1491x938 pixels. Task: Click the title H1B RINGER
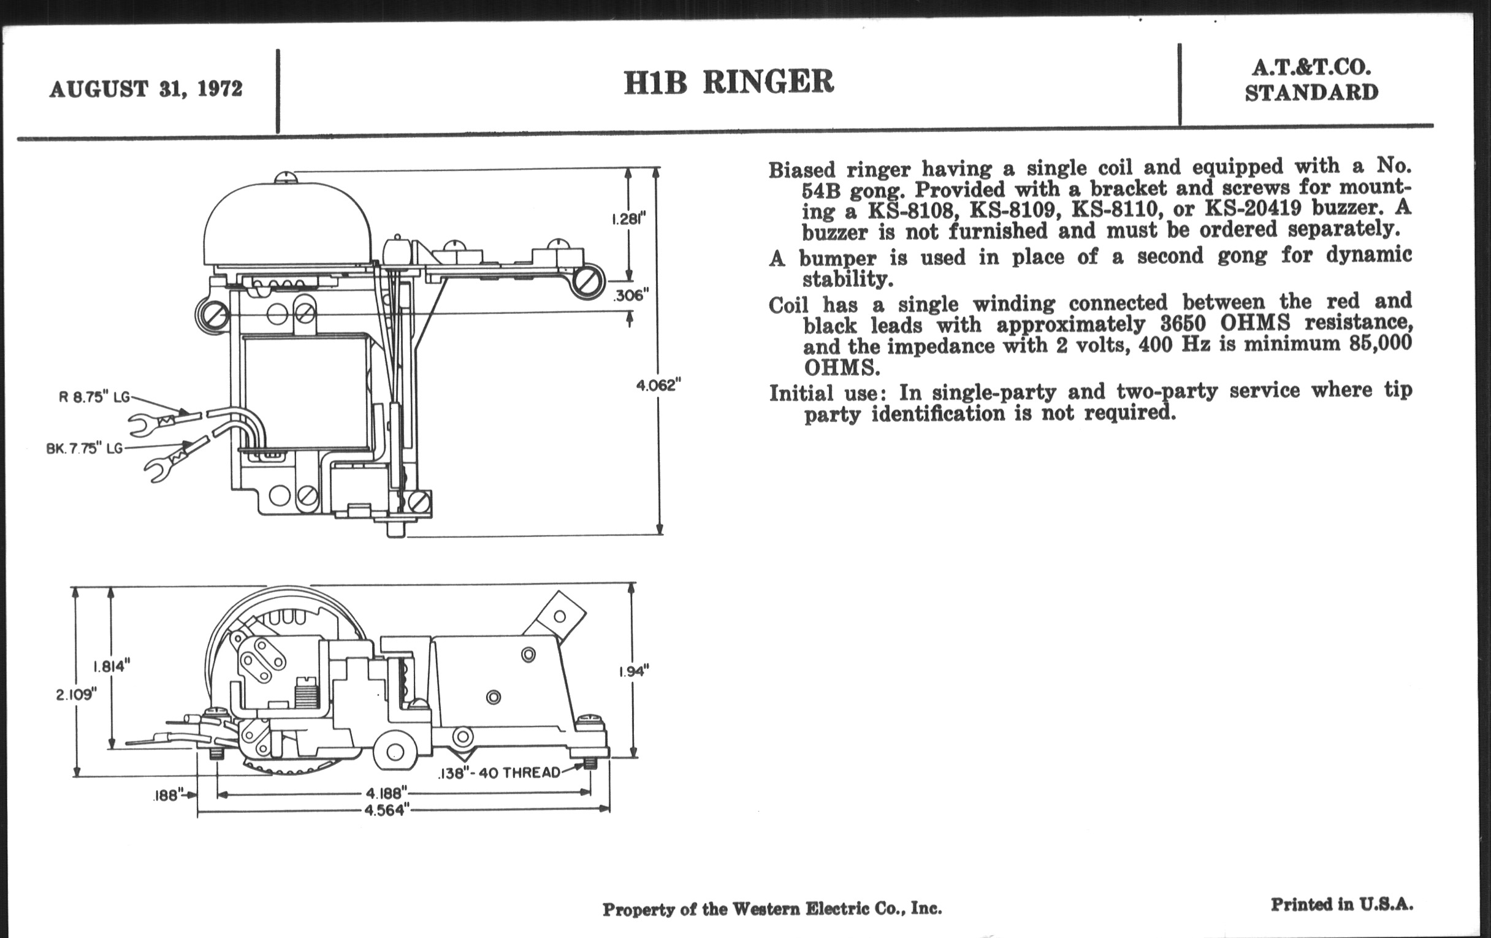tap(729, 82)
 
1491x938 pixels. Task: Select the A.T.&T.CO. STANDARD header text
tap(1311, 81)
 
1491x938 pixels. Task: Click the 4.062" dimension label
tap(658, 386)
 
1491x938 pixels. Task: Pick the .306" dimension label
tap(630, 296)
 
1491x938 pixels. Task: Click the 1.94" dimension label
tap(633, 671)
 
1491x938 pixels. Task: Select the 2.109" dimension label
tap(77, 695)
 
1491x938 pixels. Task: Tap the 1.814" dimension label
tap(112, 667)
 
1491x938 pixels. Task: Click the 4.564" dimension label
tap(385, 810)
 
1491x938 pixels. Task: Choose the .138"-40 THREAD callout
tap(498, 772)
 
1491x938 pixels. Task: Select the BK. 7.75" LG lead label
tap(84, 448)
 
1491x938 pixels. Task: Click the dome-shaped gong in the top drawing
tap(288, 223)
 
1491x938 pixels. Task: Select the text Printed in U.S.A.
tap(1342, 904)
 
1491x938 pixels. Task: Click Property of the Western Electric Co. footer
tap(772, 909)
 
